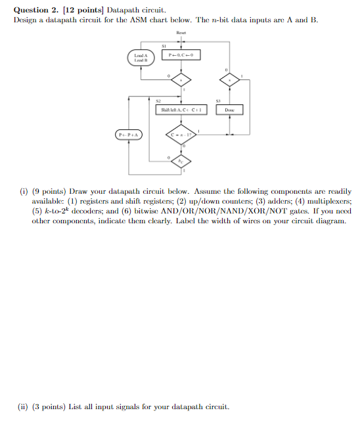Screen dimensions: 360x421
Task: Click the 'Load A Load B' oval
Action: pyautogui.click(x=141, y=57)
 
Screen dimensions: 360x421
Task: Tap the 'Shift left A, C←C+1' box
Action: pyautogui.click(x=181, y=110)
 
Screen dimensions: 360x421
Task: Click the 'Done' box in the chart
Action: pyautogui.click(x=229, y=110)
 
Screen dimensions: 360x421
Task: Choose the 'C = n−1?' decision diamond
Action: pyautogui.click(x=180, y=135)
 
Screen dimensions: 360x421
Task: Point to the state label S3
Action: pyautogui.click(x=219, y=101)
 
